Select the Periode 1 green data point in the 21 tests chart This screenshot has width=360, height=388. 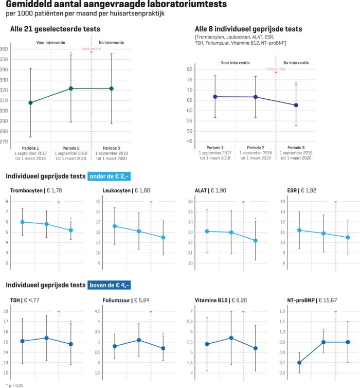(x=30, y=102)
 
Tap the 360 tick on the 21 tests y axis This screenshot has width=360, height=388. (x=4, y=49)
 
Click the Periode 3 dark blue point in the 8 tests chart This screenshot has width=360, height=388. (x=296, y=105)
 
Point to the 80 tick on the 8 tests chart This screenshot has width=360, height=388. (x=190, y=69)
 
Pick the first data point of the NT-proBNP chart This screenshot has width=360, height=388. (x=299, y=362)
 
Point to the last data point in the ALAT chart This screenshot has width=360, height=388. (x=255, y=240)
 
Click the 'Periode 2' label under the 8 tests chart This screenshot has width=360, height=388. (x=255, y=147)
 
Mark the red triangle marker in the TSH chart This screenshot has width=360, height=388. (x=59, y=312)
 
